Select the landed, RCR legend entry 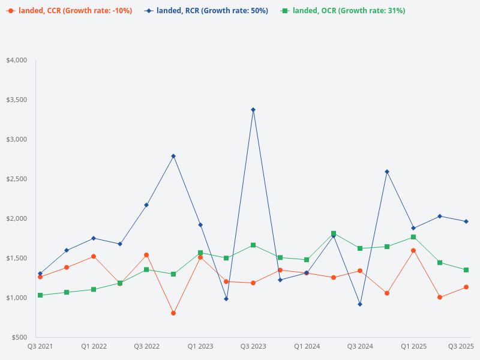pyautogui.click(x=206, y=11)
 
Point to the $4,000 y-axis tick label pyautogui.click(x=17, y=61)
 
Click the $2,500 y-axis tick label pyautogui.click(x=17, y=179)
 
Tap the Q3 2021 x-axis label pyautogui.click(x=40, y=346)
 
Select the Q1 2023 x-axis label pyautogui.click(x=200, y=346)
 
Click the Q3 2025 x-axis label pyautogui.click(x=461, y=346)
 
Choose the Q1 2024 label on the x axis pyautogui.click(x=307, y=346)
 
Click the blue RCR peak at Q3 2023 pyautogui.click(x=253, y=110)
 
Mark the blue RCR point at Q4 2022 pyautogui.click(x=173, y=156)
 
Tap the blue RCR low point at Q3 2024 pyautogui.click(x=360, y=304)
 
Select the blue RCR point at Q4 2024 pyautogui.click(x=387, y=172)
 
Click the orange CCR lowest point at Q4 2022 pyautogui.click(x=173, y=313)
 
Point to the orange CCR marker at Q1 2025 pyautogui.click(x=413, y=250)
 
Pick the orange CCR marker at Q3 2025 pyautogui.click(x=466, y=287)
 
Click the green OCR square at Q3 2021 pyautogui.click(x=40, y=295)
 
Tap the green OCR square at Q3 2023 pyautogui.click(x=253, y=245)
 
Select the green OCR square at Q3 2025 pyautogui.click(x=466, y=270)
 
